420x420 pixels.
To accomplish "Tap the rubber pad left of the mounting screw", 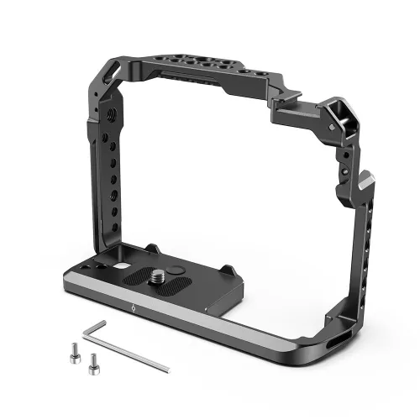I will (131, 276).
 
